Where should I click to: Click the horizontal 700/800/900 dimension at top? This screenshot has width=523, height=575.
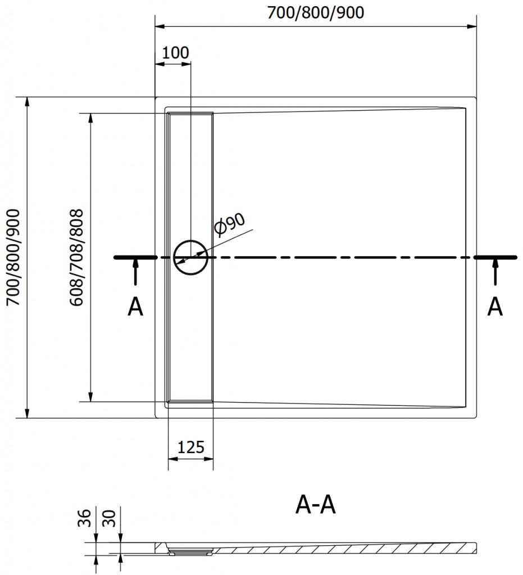click(x=315, y=12)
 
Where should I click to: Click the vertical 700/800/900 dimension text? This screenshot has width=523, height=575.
click(x=14, y=257)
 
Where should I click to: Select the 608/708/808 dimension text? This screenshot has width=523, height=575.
click(x=77, y=257)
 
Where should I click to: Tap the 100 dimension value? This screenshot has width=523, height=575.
click(x=175, y=53)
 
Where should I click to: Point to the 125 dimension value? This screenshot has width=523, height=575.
click(x=190, y=448)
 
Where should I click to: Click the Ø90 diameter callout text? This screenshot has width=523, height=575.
click(x=230, y=224)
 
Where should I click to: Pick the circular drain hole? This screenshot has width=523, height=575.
click(x=190, y=257)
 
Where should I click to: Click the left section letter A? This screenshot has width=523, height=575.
click(x=135, y=307)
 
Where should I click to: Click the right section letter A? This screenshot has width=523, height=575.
click(x=495, y=307)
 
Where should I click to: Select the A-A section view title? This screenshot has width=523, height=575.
click(x=315, y=505)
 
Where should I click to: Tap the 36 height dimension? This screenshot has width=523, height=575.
click(x=84, y=518)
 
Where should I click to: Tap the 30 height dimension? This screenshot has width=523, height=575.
click(x=109, y=518)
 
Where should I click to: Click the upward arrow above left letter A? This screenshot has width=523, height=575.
click(x=135, y=271)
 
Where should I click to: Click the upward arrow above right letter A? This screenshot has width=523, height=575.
click(x=495, y=271)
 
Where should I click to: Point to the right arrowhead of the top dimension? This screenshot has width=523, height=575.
click(x=472, y=26)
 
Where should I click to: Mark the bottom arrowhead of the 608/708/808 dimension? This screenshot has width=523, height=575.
click(x=90, y=397)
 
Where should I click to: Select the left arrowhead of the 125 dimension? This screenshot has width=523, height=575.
click(x=173, y=459)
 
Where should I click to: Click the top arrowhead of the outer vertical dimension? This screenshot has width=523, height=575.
click(x=26, y=102)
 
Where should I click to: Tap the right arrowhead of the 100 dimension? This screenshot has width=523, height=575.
click(x=186, y=64)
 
